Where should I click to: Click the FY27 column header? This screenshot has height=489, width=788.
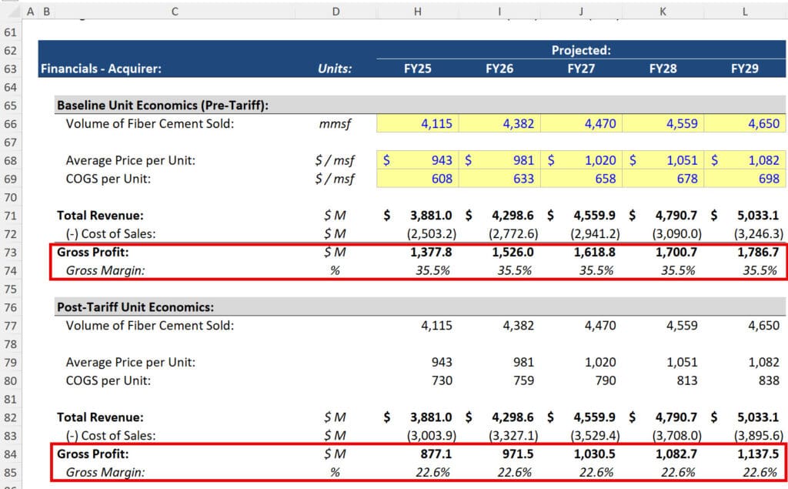(580, 69)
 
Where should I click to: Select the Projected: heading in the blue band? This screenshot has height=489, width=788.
(581, 50)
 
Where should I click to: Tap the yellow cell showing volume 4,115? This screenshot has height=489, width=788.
(436, 123)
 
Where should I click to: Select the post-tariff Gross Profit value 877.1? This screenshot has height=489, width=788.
(436, 454)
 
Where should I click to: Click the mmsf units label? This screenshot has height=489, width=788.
(335, 123)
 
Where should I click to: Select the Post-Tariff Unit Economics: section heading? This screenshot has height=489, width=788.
(135, 307)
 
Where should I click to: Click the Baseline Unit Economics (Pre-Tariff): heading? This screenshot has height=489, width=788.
(162, 106)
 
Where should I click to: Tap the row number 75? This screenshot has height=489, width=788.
(10, 289)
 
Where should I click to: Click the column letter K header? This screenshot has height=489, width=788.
(663, 12)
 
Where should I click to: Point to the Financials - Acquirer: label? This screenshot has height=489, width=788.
(101, 69)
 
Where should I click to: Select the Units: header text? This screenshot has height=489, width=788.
(335, 69)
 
